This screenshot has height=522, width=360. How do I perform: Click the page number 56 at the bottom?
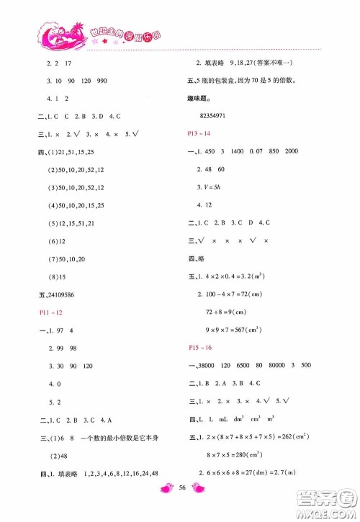pos(180,508)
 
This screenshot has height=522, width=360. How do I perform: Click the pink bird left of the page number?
pos(160,508)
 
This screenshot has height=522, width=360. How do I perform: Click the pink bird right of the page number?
pos(200,508)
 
